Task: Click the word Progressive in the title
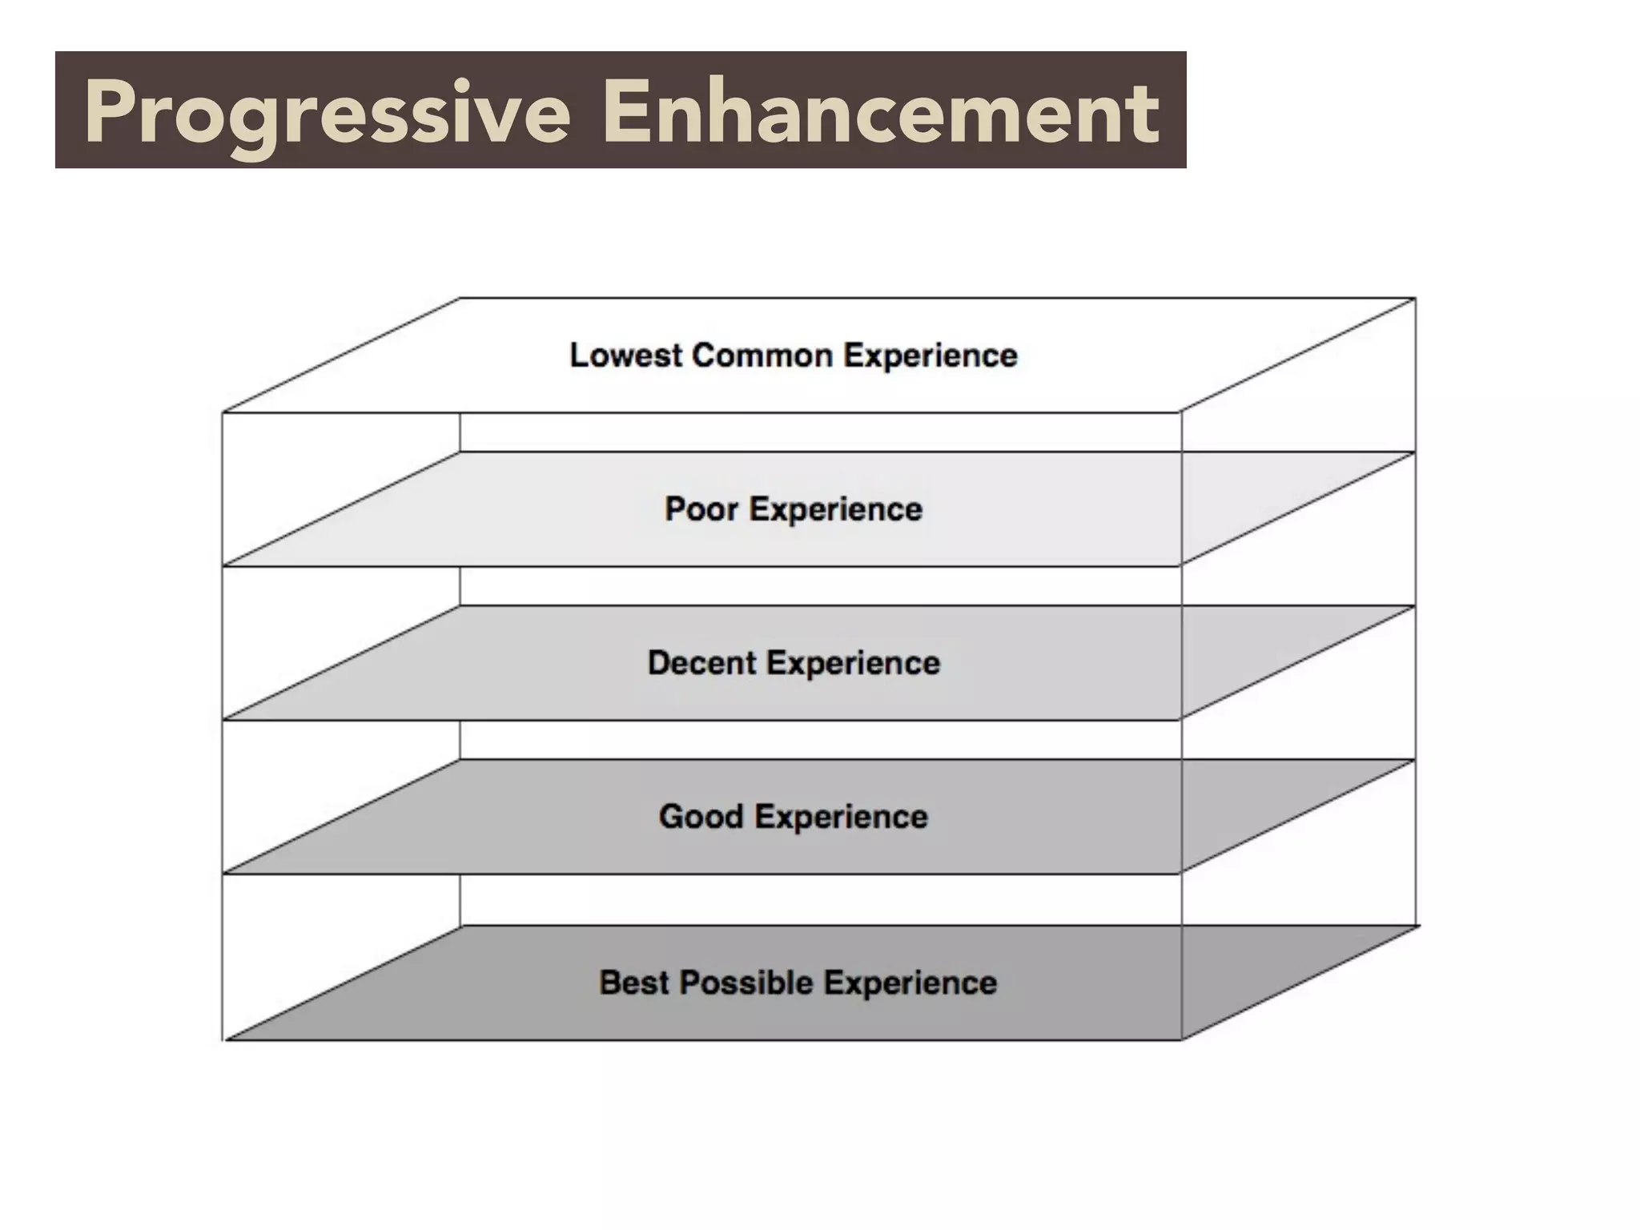pyautogui.click(x=327, y=114)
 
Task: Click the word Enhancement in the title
pyautogui.click(x=881, y=112)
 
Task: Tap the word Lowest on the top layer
pyautogui.click(x=626, y=355)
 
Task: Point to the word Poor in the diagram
pyautogui.click(x=701, y=509)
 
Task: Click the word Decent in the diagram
pyautogui.click(x=702, y=663)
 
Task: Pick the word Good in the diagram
pyautogui.click(x=701, y=817)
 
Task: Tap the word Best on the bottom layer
pyautogui.click(x=633, y=983)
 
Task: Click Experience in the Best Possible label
pyautogui.click(x=910, y=983)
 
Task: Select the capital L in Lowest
pyautogui.click(x=577, y=355)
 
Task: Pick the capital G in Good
pyautogui.click(x=672, y=817)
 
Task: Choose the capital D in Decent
pyautogui.click(x=659, y=663)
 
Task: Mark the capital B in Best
pyautogui.click(x=610, y=983)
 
